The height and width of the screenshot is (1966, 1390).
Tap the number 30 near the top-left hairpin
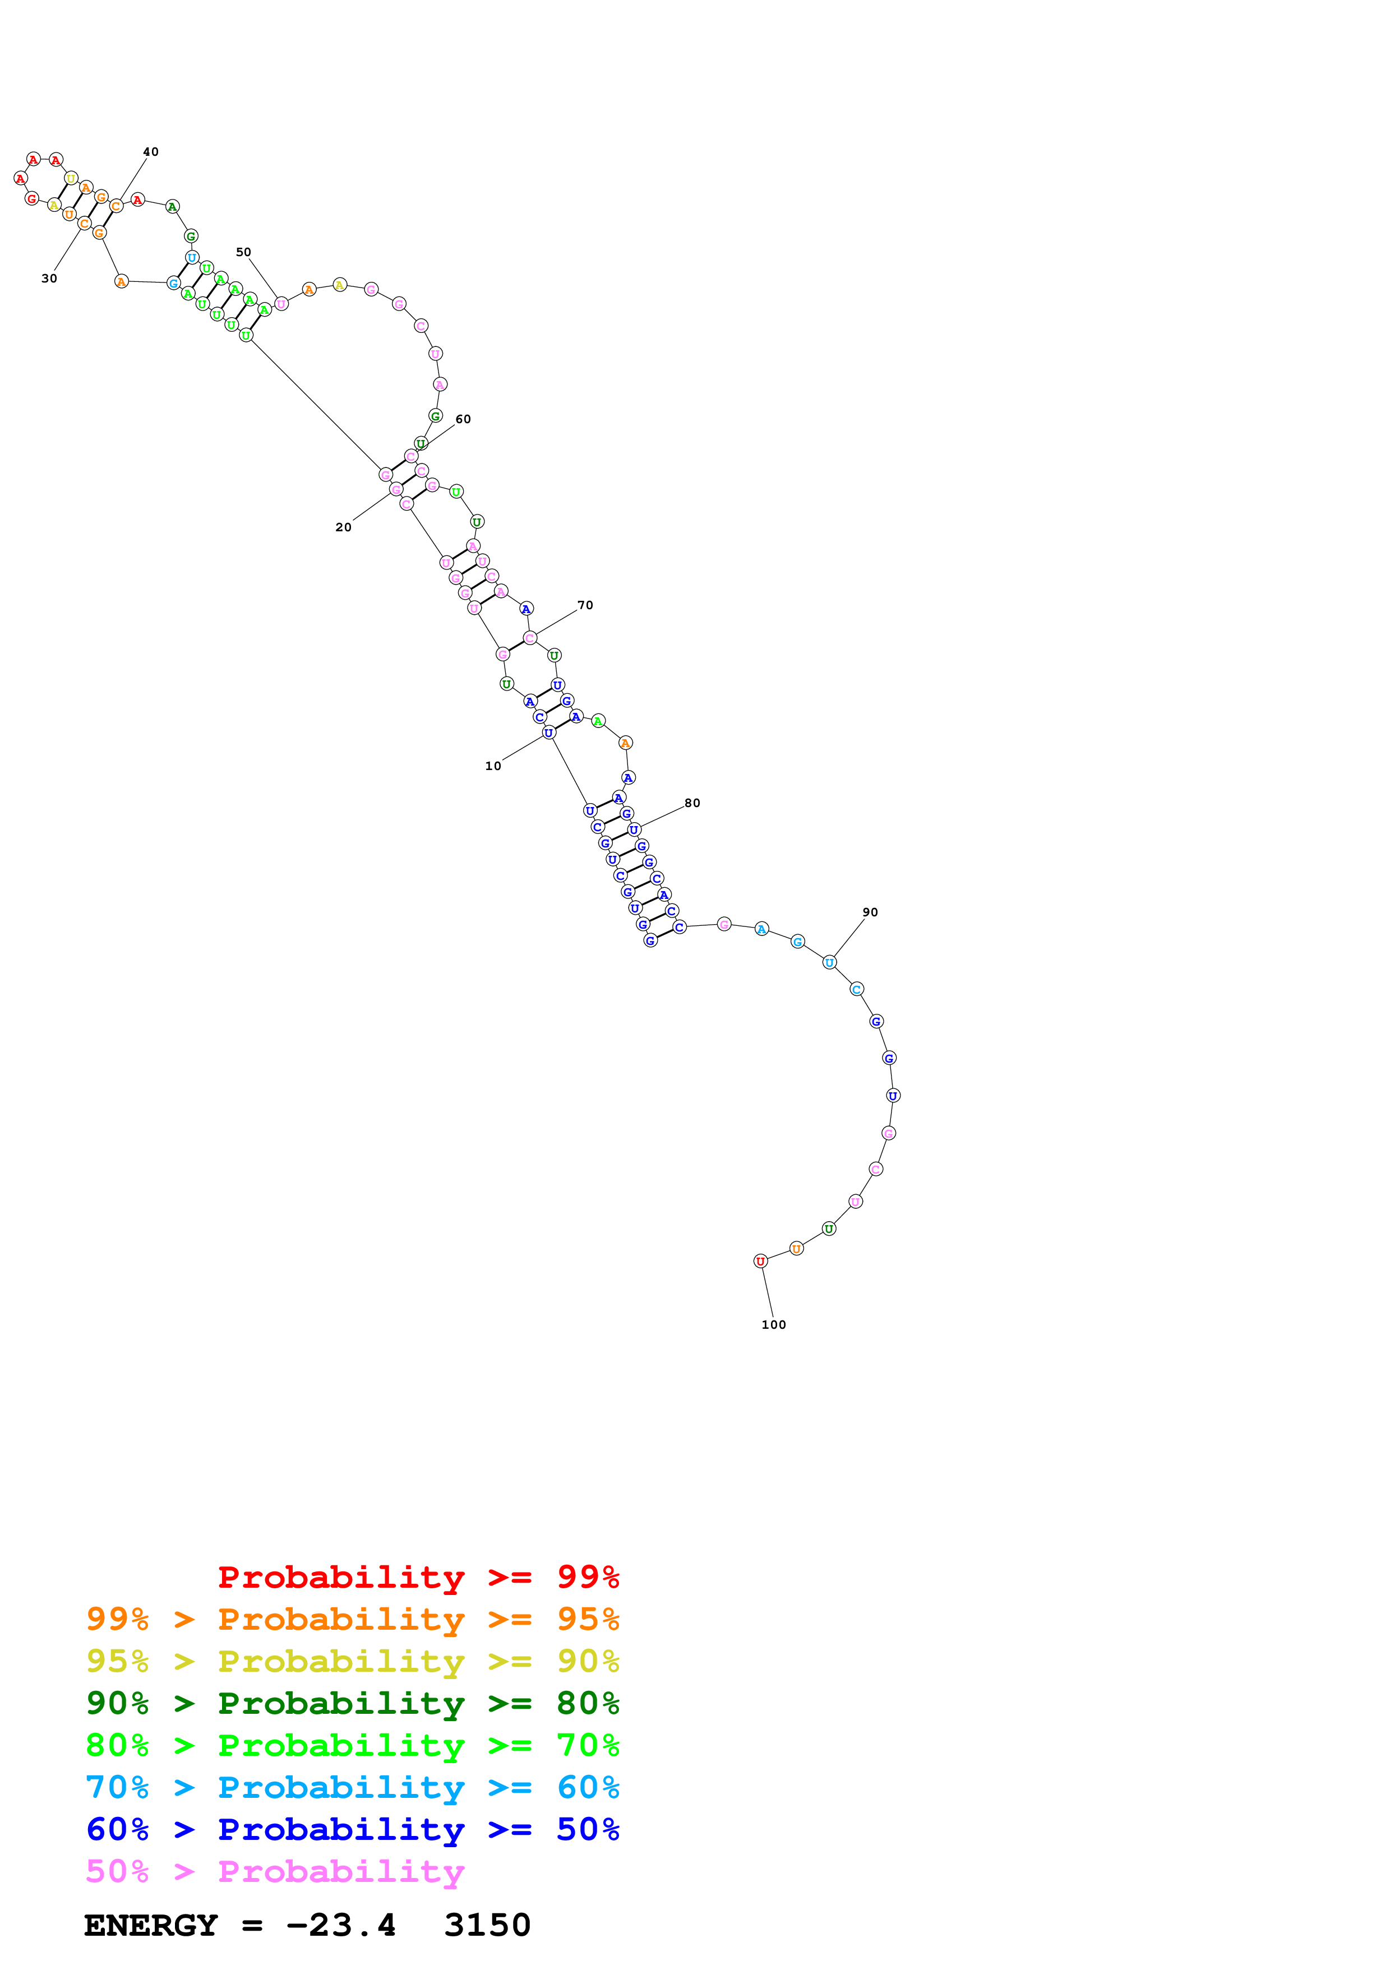click(50, 279)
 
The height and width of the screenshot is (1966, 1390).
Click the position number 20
click(343, 527)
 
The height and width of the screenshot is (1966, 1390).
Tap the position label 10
click(493, 766)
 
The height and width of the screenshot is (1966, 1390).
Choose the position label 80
click(692, 803)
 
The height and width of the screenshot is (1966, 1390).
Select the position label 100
click(773, 1325)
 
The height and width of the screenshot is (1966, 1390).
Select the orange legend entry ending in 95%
click(352, 1619)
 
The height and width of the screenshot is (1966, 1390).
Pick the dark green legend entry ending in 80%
click(352, 1703)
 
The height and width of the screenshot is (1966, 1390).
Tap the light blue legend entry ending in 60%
click(352, 1787)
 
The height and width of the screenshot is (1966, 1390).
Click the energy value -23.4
click(341, 1926)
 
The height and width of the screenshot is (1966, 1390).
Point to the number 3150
click(487, 1926)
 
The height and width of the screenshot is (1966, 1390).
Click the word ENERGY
click(151, 1926)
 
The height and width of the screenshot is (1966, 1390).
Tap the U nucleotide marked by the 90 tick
click(829, 962)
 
